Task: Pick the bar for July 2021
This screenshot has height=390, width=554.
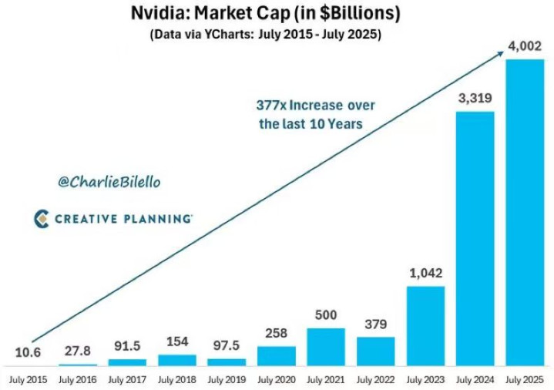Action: (x=326, y=346)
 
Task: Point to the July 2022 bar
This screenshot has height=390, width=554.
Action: (x=375, y=351)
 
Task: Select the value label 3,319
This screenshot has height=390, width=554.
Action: (x=475, y=99)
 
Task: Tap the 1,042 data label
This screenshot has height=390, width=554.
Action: (x=425, y=274)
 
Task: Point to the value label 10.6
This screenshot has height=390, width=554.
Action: (x=27, y=353)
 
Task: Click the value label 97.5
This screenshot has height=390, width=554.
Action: (x=227, y=344)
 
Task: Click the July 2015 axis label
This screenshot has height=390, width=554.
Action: (x=28, y=379)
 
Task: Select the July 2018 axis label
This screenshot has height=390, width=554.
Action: (x=176, y=379)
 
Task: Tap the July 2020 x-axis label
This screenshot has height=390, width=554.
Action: (x=276, y=379)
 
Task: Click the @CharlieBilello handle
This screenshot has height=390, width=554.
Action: (x=109, y=182)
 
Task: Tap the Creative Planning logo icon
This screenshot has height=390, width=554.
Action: (x=42, y=219)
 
